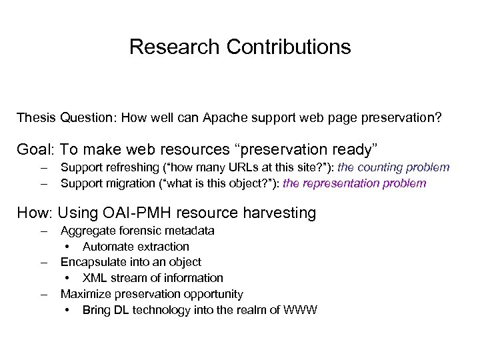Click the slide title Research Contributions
point(240,47)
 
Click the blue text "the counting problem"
point(394,167)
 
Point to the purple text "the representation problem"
point(355,183)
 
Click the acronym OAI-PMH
point(131,213)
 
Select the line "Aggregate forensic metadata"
point(137,231)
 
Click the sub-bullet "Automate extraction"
point(135,247)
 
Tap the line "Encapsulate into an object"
point(131,262)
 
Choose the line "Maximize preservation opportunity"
point(151,294)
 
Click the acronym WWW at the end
point(301,310)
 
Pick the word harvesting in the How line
point(278,213)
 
